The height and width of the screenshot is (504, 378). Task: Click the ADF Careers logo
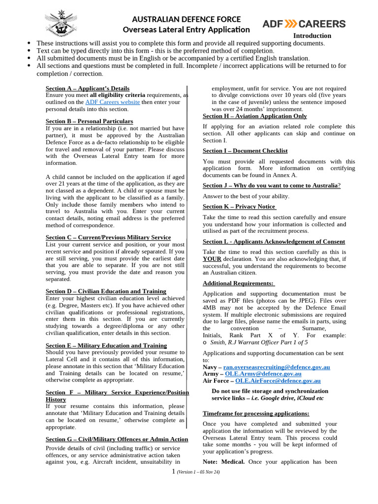click(x=304, y=24)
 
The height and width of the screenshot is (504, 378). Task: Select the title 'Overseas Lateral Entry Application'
click(x=186, y=30)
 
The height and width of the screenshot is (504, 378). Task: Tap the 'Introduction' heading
click(x=312, y=36)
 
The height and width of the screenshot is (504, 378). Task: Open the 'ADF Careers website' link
click(x=113, y=102)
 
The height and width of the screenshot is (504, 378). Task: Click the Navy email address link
click(x=277, y=367)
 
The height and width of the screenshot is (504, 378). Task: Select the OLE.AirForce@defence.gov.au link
click(x=278, y=381)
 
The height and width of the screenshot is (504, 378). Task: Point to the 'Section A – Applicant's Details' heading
click(x=88, y=88)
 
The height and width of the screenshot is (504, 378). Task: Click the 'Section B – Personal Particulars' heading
click(x=89, y=121)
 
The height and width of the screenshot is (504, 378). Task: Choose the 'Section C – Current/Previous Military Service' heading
click(x=108, y=237)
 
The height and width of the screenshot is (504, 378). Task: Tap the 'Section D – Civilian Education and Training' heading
click(x=106, y=291)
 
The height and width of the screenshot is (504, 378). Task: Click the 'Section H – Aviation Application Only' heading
click(x=254, y=116)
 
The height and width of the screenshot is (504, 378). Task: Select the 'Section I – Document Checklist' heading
click(x=245, y=151)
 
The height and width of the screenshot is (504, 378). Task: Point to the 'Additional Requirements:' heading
click(x=239, y=283)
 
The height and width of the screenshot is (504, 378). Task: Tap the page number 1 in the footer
click(x=173, y=472)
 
